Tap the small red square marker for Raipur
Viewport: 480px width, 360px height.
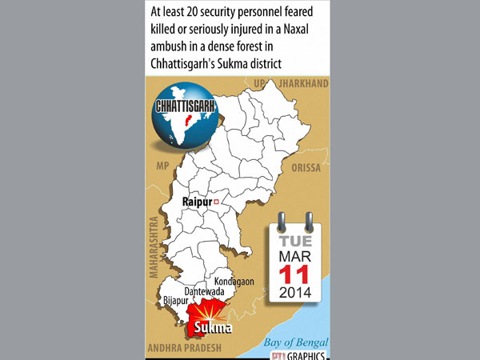(x=216, y=202)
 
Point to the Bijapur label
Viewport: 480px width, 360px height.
(x=178, y=302)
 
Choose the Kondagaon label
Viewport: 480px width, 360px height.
(x=234, y=281)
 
